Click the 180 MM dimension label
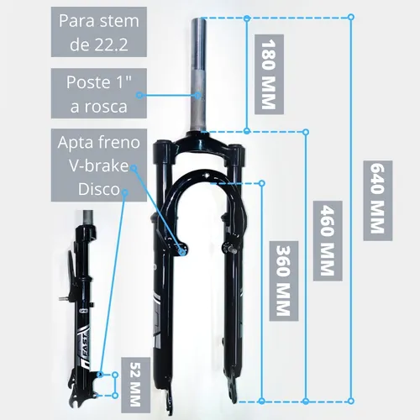tap(269, 75)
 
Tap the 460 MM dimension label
tap(328, 240)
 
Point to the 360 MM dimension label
tap(283, 281)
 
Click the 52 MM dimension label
tap(135, 385)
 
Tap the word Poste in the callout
tap(88, 82)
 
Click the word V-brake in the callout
tap(99, 165)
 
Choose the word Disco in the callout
tap(99, 189)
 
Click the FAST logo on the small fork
tap(83, 346)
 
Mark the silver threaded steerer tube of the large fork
tap(198, 74)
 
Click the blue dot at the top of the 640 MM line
tap(351, 17)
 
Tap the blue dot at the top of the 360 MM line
tap(262, 183)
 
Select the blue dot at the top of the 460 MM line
tap(306, 132)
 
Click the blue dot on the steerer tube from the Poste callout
tap(197, 95)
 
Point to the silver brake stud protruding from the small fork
tap(64, 299)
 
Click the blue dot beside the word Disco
tap(125, 192)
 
